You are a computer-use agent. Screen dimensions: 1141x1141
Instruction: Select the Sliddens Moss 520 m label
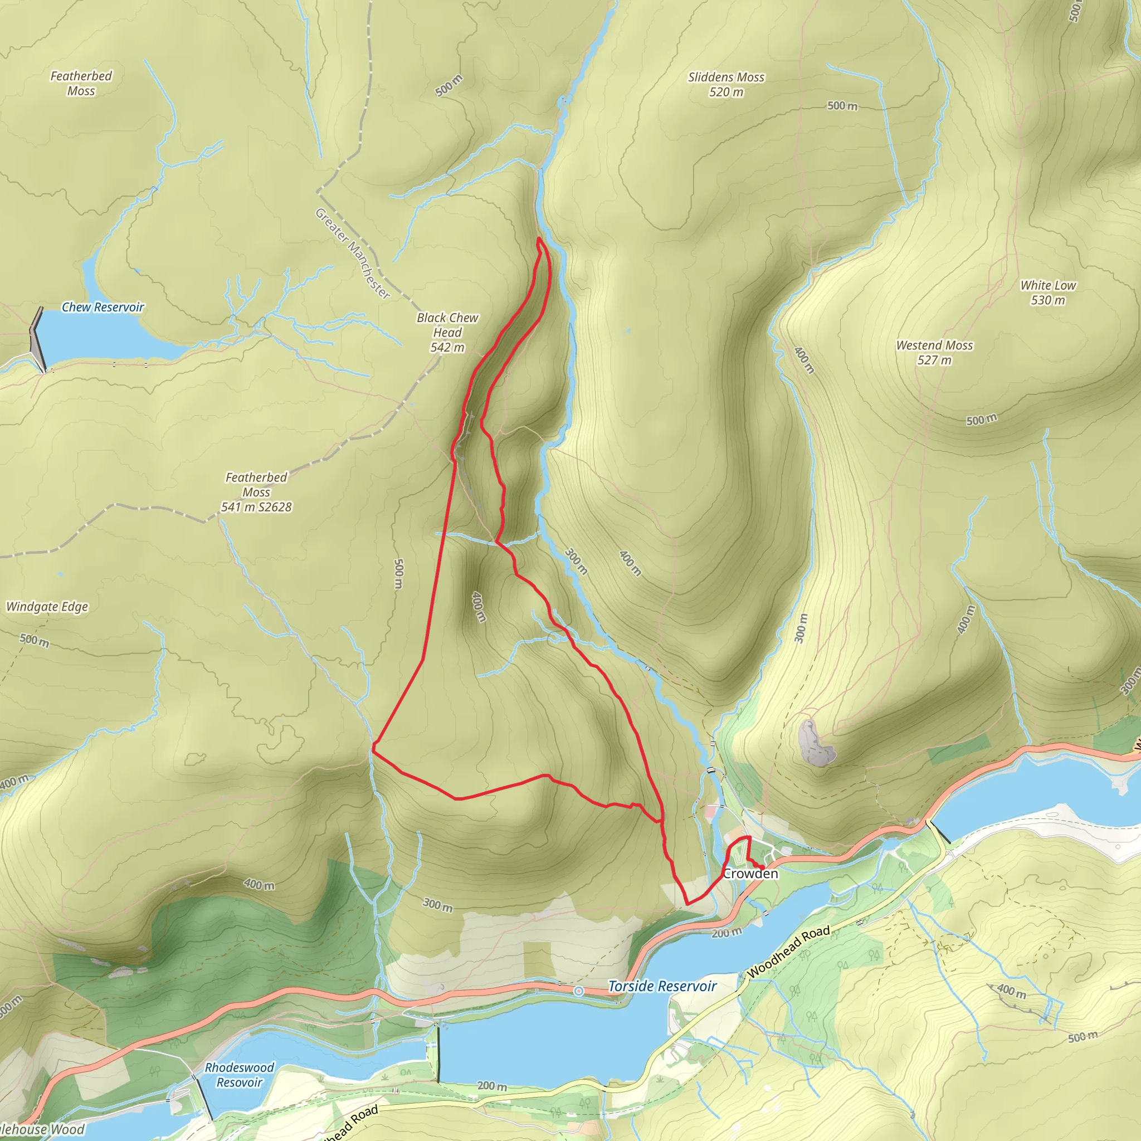tap(726, 85)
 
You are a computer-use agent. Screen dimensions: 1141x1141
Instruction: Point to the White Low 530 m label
tap(1048, 292)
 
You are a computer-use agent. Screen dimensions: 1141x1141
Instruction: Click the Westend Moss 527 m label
tap(934, 353)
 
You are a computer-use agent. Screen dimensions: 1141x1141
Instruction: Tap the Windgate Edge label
tap(47, 607)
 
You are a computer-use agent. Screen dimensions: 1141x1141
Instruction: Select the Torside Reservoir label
tap(662, 986)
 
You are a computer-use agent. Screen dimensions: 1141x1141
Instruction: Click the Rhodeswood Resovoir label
tap(239, 1075)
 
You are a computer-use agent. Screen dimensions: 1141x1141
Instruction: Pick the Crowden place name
tap(750, 874)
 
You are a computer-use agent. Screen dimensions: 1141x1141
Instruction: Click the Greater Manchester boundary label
tap(352, 254)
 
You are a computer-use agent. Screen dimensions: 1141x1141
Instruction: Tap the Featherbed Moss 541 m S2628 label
tap(256, 492)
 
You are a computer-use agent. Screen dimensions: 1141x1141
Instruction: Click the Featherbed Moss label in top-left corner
tap(81, 83)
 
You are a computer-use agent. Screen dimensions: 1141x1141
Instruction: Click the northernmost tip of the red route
tap(539, 238)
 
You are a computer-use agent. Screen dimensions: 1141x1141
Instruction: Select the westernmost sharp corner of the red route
tap(373, 750)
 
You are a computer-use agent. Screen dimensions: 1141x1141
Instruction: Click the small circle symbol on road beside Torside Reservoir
tap(579, 991)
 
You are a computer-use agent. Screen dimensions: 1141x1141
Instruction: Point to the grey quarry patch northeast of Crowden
tap(816, 743)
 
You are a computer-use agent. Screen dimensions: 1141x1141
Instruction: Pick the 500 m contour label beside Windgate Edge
tap(34, 640)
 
